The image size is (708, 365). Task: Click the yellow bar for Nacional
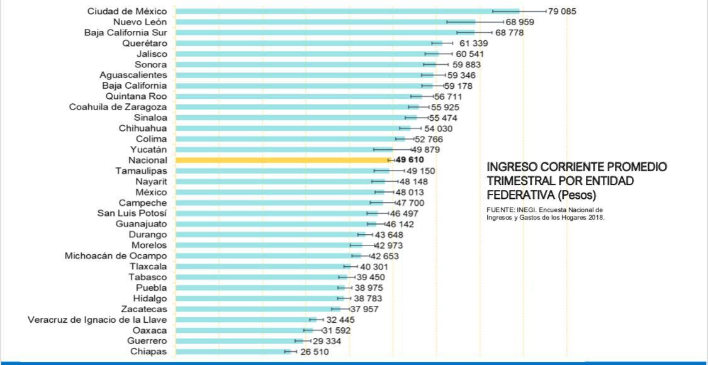coord(283,160)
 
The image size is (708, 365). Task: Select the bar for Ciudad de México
coord(346,11)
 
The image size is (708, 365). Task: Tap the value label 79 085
coord(562,11)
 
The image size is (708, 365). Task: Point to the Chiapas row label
coord(149,352)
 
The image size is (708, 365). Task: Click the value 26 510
coord(314,352)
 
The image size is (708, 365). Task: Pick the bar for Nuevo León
coord(324,22)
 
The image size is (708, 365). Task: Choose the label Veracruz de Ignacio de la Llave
coord(98,320)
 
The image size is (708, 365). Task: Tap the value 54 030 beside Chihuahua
coord(438,128)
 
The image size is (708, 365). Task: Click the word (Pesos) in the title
coord(576,195)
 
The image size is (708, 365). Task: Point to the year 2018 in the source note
coord(595,218)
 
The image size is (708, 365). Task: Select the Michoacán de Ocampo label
coord(116,256)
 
